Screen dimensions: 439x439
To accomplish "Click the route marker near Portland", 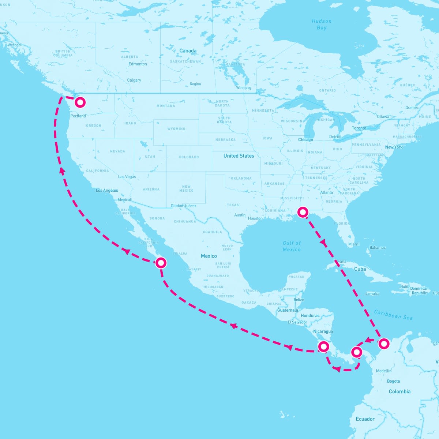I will coord(80,102).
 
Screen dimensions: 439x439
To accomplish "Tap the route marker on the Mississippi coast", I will coord(303,212).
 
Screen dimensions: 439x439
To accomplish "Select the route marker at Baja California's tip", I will coord(161,263).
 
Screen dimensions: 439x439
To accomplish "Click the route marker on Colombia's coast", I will coord(383,344).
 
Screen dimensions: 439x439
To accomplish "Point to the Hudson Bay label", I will coord(322,25).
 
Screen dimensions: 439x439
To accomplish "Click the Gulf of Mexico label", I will coord(292,246).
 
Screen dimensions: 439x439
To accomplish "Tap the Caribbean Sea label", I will coord(393,315).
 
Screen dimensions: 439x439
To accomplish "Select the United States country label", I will coord(239,156).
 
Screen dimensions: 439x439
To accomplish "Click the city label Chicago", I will coord(305,140).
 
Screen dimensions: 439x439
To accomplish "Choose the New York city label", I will coord(394,147).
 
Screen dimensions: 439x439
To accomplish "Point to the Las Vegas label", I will coord(127,177).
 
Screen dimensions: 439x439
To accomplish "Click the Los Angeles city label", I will coord(107,191).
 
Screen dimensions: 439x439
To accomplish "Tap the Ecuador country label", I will coord(365,419).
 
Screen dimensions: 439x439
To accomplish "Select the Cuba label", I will coord(360,269).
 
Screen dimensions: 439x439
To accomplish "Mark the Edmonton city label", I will coord(138,64).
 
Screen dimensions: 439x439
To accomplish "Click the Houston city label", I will coord(255,218).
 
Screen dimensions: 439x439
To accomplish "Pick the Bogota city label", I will coord(393,381).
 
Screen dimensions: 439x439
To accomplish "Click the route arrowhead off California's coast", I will coord(62,170).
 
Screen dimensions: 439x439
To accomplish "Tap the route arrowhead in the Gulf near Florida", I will coord(323,242).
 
